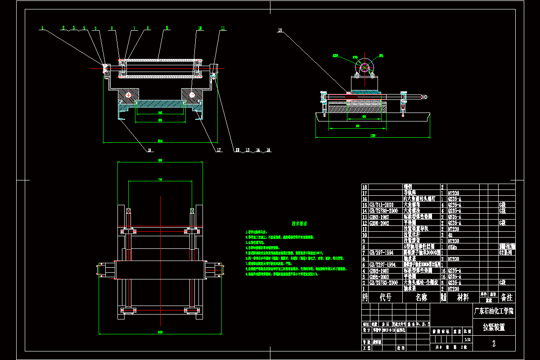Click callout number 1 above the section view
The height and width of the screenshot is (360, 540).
tap(42, 28)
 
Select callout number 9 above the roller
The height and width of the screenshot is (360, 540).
tap(166, 28)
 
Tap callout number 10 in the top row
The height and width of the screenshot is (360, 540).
tap(199, 28)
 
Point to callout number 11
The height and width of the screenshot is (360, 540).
tap(222, 28)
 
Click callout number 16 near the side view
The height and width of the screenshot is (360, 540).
tap(280, 31)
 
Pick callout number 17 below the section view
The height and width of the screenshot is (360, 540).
tap(219, 150)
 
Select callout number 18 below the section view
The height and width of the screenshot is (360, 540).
tap(150, 151)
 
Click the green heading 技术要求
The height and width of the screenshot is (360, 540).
tap(299, 223)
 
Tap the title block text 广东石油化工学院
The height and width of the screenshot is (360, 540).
tap(494, 311)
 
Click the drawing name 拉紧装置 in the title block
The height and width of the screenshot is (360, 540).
tap(494, 327)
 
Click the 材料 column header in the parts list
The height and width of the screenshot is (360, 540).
tap(463, 297)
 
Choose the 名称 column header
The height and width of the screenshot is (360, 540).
tap(421, 297)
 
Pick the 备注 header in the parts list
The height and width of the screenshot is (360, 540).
tap(507, 297)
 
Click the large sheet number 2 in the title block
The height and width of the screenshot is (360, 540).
tap(494, 344)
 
